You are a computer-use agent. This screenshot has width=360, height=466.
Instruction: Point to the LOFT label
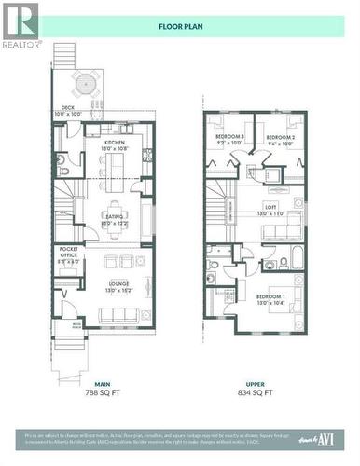pos(270,210)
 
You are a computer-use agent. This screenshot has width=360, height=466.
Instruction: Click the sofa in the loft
pos(294,224)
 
